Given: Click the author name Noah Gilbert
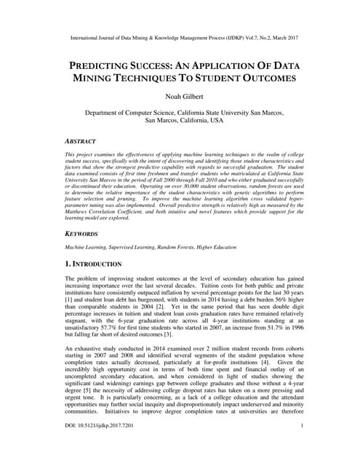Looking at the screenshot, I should coord(180,96).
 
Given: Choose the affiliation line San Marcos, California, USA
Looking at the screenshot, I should coord(180,121).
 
